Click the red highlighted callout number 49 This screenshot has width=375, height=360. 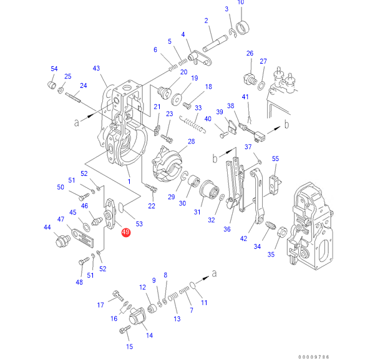125,233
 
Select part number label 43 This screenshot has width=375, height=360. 96,69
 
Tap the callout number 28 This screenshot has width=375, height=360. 191,142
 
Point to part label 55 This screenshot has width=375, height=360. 275,160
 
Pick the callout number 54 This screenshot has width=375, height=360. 54,69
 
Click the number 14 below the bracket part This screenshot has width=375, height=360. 149,335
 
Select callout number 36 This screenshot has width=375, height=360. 227,229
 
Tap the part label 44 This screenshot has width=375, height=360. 47,227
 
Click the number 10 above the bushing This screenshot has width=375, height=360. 240,2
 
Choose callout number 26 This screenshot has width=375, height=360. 250,54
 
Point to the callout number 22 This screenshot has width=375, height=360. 152,205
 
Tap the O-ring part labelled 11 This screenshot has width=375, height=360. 193,286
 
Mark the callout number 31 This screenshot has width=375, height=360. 197,212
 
